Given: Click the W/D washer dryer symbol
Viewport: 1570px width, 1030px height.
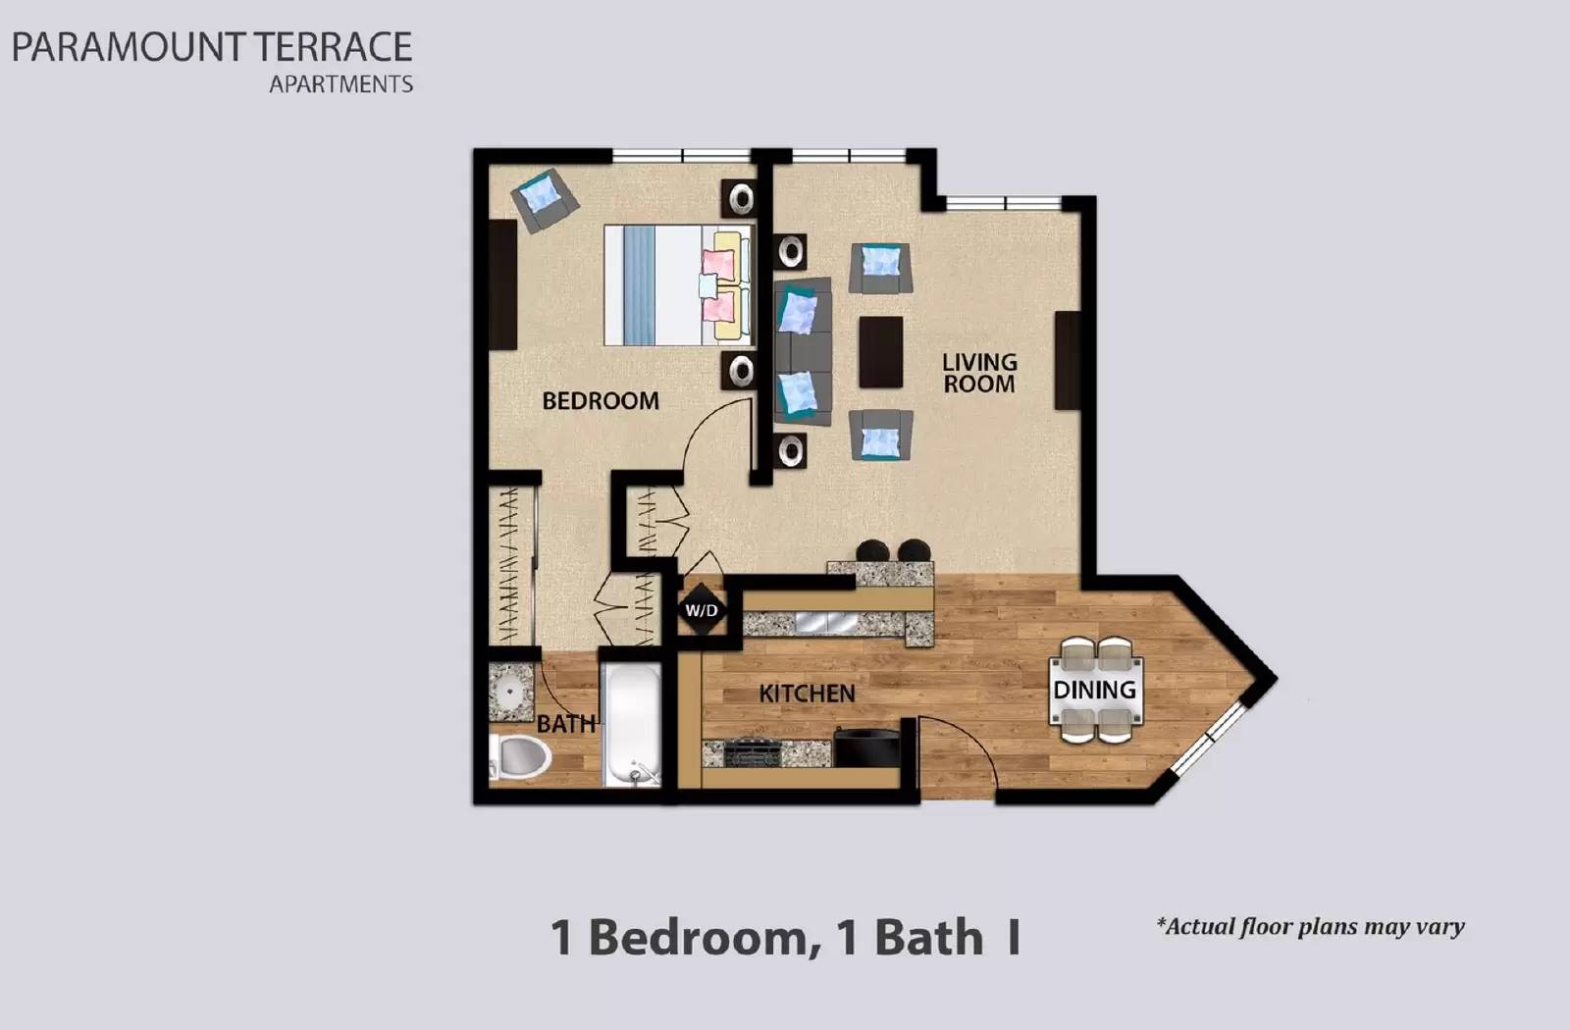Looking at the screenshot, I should (x=701, y=610).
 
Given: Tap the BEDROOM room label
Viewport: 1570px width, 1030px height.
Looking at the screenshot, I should (x=600, y=400).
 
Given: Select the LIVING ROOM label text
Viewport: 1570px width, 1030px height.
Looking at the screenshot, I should (x=978, y=373).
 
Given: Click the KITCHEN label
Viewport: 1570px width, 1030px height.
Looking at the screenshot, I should (x=807, y=694).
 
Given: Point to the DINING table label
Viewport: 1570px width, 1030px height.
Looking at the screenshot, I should (x=1094, y=690).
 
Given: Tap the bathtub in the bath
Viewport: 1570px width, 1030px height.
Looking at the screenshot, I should (x=631, y=724).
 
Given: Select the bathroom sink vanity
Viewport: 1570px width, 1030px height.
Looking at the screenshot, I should (x=509, y=692).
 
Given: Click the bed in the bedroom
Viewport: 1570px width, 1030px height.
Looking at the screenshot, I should (x=677, y=284).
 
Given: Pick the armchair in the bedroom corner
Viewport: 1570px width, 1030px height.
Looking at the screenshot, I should (x=543, y=199).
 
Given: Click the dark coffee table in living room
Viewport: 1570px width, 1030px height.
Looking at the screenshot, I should (x=880, y=351).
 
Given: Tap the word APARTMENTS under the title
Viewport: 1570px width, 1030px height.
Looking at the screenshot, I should (x=340, y=84).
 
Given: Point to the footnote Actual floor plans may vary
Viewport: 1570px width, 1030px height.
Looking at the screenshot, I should (x=1310, y=926).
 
